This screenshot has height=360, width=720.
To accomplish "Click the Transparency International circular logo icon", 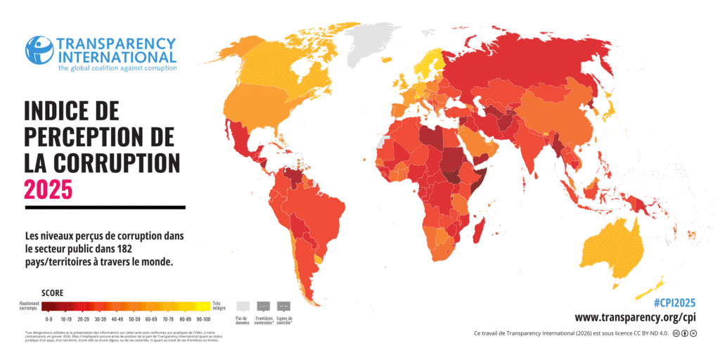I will tap(39, 49).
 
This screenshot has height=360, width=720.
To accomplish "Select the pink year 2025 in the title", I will tap(48, 189).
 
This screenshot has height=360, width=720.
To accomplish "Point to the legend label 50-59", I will tap(134, 319).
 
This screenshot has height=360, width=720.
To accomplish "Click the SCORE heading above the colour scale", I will tap(52, 292).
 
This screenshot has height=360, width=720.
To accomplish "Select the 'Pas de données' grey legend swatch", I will tap(243, 307).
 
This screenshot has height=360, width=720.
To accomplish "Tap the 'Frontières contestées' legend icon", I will tap(264, 307).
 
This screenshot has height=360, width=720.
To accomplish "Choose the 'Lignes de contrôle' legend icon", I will tap(285, 307).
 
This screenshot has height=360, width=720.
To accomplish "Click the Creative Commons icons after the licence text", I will tap(686, 333).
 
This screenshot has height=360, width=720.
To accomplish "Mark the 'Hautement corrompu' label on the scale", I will tap(30, 306).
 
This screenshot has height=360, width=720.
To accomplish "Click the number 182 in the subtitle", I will tap(159, 247).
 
